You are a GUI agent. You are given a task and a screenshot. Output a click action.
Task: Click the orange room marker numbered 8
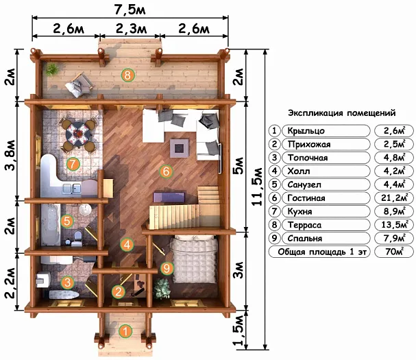pyautogui.click(x=127, y=75)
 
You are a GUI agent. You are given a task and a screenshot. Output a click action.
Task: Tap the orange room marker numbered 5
pyautogui.click(x=67, y=221)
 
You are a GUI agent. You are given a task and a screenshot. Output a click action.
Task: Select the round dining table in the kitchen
pyautogui.click(x=78, y=133)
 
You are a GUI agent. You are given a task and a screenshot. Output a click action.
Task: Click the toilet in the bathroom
pyautogui.click(x=77, y=238)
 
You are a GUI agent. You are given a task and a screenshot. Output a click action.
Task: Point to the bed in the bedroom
pyautogui.click(x=194, y=260)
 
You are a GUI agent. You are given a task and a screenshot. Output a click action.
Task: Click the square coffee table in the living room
pyautogui.click(x=180, y=148)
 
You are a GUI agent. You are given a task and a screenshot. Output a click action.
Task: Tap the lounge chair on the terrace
pyautogui.click(x=79, y=85)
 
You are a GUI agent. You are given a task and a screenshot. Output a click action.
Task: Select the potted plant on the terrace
pyautogui.click(x=52, y=69)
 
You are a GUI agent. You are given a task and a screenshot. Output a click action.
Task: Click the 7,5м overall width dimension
pyautogui.click(x=130, y=10)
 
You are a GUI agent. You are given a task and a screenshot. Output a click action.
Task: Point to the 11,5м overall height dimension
pyautogui.click(x=257, y=187)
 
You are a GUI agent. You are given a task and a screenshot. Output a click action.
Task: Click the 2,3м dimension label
pyautogui.click(x=131, y=28)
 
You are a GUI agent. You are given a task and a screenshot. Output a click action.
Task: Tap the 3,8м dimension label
pyautogui.click(x=10, y=155)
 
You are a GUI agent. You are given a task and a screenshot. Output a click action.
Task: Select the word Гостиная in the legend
pyautogui.click(x=306, y=198)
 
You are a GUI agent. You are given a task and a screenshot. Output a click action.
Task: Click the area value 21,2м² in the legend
pyautogui.click(x=395, y=197)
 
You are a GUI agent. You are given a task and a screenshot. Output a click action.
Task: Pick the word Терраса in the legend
pyautogui.click(x=304, y=225)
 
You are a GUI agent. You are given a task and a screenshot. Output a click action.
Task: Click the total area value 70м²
pyautogui.click(x=395, y=252)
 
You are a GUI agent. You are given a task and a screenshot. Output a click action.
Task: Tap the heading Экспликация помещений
pyautogui.click(x=342, y=113)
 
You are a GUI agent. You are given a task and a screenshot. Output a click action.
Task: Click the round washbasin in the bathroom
pyautogui.click(x=85, y=210)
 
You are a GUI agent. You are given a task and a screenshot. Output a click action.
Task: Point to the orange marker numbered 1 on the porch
pyautogui.click(x=125, y=331)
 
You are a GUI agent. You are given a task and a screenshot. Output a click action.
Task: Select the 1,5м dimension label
pyautogui.click(x=238, y=331)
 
